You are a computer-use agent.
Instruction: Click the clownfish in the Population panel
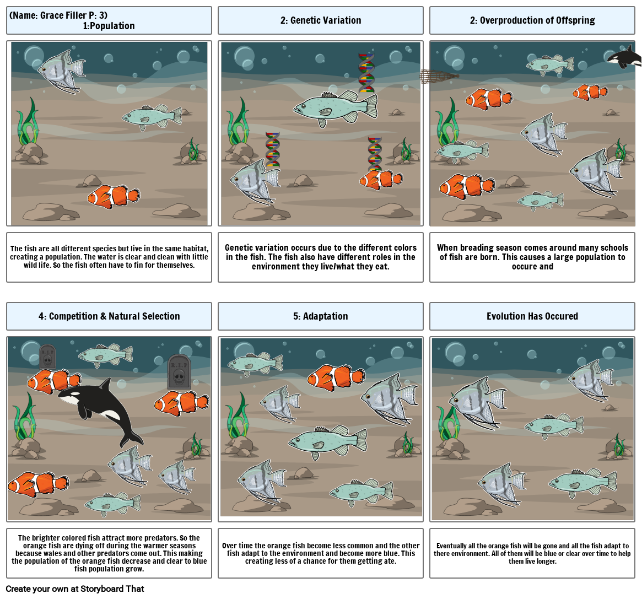[x=114, y=196]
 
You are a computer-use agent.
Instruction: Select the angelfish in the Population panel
[x=62, y=71]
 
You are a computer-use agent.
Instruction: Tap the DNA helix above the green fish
[x=366, y=73]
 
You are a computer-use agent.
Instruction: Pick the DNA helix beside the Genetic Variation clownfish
[x=375, y=154]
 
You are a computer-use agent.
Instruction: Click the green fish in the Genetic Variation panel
[x=336, y=108]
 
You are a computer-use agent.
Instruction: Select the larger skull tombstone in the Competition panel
[x=179, y=372]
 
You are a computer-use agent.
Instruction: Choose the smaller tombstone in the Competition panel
[x=47, y=357]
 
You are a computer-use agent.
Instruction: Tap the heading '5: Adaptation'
[x=321, y=316]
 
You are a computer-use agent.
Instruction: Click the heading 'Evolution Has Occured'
[x=532, y=316]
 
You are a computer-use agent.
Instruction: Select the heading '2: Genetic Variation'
[x=321, y=20]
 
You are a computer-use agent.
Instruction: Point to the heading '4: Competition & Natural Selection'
[x=109, y=316]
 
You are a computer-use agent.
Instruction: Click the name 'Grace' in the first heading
[x=51, y=15]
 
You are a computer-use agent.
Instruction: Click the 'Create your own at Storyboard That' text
[x=75, y=589]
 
